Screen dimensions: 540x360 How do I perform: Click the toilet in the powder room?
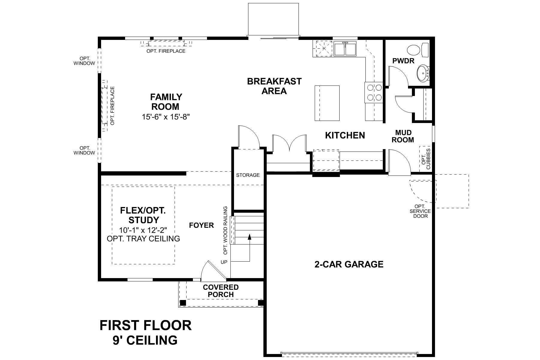point(418,50)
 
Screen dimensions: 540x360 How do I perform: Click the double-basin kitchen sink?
point(345,49)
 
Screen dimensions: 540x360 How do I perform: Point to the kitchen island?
point(327,103)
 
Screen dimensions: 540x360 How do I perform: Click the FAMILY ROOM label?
point(166,102)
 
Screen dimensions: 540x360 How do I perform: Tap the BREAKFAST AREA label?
point(274,86)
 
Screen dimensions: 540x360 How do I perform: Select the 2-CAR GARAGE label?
point(349,264)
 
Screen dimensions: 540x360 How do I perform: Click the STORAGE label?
point(248,175)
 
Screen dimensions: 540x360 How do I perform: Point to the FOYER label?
point(201,225)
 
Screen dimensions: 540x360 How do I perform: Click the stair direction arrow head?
point(249,237)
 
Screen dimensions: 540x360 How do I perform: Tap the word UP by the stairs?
point(224,262)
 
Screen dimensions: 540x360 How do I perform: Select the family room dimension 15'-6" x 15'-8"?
point(166,117)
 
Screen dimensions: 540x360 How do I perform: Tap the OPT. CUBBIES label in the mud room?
point(426,159)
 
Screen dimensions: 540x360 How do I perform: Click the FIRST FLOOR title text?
point(145,325)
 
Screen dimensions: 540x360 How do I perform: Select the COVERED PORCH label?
point(221,291)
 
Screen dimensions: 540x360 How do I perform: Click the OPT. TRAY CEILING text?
point(143,238)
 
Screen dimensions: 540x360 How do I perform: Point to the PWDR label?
point(403,61)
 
